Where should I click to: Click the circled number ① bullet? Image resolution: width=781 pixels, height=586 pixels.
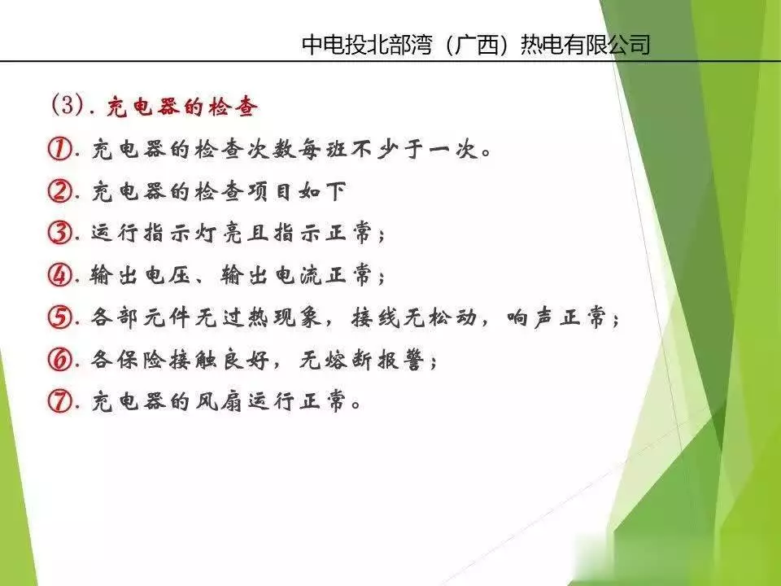point(59,148)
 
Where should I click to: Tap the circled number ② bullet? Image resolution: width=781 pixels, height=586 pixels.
point(59,190)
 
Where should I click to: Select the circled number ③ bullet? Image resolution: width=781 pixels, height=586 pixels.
point(59,233)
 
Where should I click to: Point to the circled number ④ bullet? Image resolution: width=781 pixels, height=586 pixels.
point(59,274)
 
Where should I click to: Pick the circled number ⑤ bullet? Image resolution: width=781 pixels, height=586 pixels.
point(59,317)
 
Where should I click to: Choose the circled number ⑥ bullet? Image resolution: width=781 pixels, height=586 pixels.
point(59,359)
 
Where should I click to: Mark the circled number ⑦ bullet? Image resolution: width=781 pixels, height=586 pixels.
point(59,401)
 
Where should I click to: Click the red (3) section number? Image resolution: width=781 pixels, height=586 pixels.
point(67,106)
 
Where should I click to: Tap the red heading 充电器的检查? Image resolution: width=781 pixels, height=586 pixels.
point(181,107)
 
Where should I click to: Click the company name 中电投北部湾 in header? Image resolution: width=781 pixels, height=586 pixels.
point(366,45)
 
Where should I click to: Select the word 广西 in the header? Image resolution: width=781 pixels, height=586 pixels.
point(477,45)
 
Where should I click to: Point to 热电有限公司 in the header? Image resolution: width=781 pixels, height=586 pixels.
point(585,45)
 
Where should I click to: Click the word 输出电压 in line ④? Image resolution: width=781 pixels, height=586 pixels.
point(140,275)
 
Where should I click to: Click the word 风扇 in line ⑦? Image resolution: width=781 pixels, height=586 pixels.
point(218,401)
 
